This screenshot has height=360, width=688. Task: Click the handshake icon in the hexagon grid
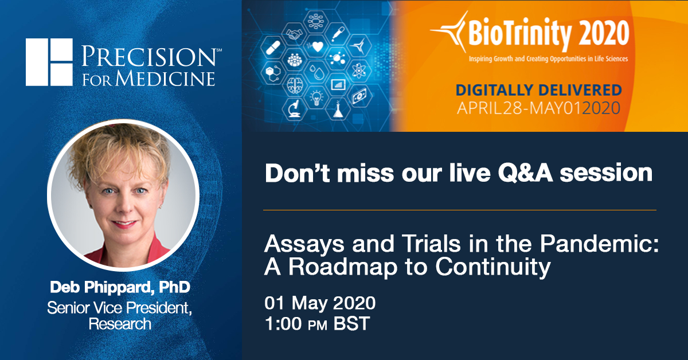(294, 34)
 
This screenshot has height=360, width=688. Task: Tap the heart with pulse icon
(317, 46)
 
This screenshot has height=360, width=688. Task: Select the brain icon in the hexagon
(294, 85)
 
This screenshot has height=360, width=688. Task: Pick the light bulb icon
(316, 97)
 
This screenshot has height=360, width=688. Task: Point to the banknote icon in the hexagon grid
(359, 95)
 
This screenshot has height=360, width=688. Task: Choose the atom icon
(358, 71)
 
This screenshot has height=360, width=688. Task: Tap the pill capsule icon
(273, 48)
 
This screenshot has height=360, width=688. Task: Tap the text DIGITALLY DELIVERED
(538, 90)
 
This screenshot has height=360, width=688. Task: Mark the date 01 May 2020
(320, 302)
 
